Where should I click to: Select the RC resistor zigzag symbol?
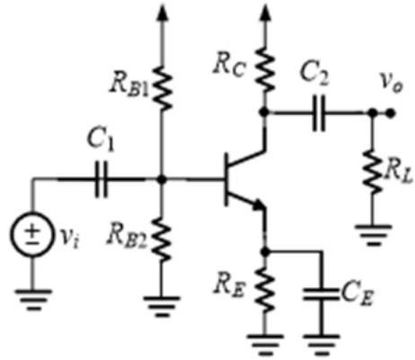[265, 70]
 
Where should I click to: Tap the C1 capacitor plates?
[102, 180]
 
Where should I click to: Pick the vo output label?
[392, 83]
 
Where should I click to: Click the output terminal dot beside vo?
[390, 113]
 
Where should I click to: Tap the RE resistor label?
[229, 286]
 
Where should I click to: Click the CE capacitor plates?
[321, 294]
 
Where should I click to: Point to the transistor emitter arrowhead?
[258, 206]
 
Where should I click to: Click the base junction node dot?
[162, 180]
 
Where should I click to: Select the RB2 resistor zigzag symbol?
[162, 239]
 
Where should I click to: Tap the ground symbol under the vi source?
[33, 299]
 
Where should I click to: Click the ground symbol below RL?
[373, 235]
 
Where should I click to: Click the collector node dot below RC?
[264, 112]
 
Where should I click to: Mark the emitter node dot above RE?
[265, 252]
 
